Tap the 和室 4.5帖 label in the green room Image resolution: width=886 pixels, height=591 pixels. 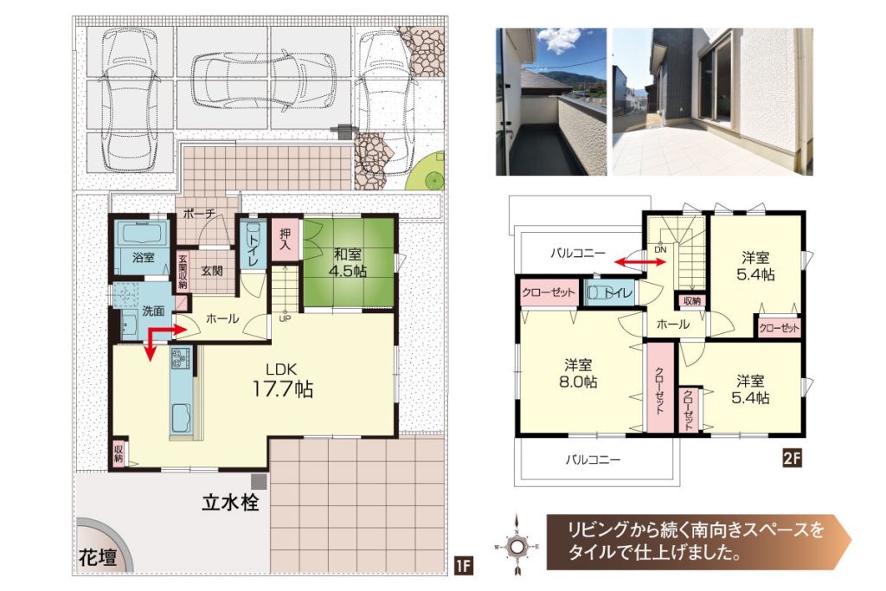tap(348, 263)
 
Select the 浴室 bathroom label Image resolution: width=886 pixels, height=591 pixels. tap(143, 258)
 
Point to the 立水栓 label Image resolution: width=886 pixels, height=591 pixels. tap(230, 502)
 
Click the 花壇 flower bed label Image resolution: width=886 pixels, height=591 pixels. tap(99, 558)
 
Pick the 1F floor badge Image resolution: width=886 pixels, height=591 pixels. tap(463, 566)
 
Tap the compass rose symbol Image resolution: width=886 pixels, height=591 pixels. tap(517, 546)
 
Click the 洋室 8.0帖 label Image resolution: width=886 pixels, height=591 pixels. tap(578, 374)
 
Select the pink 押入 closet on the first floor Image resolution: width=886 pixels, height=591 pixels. tap(286, 240)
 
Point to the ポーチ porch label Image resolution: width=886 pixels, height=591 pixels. tap(199, 214)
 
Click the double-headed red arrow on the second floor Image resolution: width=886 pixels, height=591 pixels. tap(640, 261)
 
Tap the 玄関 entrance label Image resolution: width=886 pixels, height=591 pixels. tap(212, 271)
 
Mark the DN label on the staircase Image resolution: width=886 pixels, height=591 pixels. tap(660, 249)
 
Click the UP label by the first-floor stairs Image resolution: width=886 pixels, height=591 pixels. tap(285, 318)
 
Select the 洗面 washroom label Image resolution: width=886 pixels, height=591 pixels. tap(153, 311)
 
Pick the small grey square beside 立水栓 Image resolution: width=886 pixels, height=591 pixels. tap(259, 482)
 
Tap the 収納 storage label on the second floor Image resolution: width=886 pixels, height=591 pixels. tap(692, 301)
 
